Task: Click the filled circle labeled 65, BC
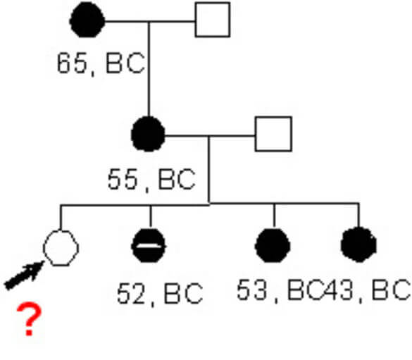pos(87,20)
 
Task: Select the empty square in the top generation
pos(213,20)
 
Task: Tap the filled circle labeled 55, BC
pos(148,134)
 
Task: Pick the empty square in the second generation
pos(273,134)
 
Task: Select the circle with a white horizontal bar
pos(149,245)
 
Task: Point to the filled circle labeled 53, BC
pos(273,245)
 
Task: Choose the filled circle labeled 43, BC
pos(358,245)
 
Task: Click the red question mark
pos(29,319)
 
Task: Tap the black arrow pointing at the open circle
pos(24,275)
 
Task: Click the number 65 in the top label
pos(72,63)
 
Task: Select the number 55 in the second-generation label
pos(123,179)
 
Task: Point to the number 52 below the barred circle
pos(132,294)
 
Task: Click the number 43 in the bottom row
pos(337,290)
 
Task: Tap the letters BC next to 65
pos(125,63)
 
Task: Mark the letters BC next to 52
pos(183,294)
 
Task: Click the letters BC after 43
pos(391,290)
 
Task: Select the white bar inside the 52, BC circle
pos(149,246)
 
